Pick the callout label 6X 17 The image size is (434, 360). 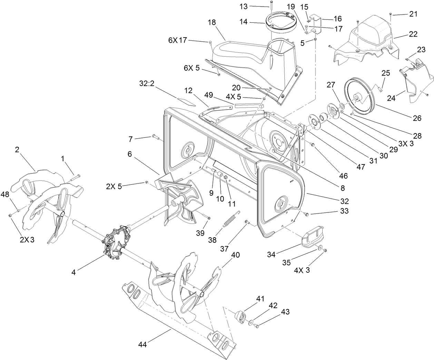[x=177, y=40]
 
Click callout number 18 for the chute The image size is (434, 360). [x=212, y=22]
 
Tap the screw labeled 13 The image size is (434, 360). [x=272, y=3]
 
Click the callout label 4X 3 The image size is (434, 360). [x=302, y=270]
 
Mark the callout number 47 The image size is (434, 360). [x=361, y=167]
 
